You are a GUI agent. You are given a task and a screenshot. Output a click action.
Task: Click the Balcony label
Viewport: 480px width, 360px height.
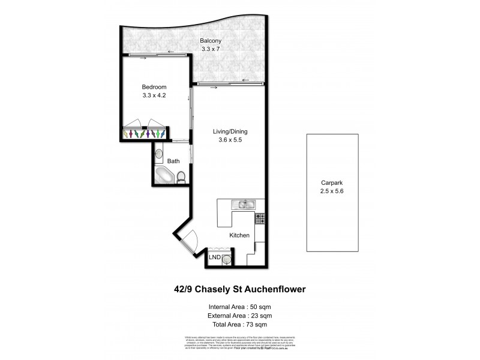tap(211, 41)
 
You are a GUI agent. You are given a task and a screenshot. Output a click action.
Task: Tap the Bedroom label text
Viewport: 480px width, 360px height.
tap(154, 87)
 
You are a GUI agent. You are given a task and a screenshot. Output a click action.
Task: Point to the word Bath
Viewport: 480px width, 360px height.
tap(173, 161)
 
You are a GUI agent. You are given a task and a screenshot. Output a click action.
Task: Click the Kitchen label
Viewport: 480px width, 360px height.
tap(239, 235)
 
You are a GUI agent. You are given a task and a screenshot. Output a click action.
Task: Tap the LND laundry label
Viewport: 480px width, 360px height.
tap(214, 257)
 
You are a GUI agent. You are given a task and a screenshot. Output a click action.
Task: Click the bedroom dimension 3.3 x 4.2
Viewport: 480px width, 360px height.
tap(154, 95)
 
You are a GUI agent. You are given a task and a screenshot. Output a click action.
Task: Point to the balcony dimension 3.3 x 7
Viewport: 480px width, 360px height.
tap(211, 49)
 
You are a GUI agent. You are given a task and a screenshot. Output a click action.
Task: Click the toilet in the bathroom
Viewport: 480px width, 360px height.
tap(181, 176)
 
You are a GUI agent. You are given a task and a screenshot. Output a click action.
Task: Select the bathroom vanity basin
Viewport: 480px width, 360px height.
tap(158, 155)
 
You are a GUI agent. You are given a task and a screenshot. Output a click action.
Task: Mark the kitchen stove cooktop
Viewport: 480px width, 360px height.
tap(260, 218)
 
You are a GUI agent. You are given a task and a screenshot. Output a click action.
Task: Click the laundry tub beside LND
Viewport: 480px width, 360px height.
tap(227, 259)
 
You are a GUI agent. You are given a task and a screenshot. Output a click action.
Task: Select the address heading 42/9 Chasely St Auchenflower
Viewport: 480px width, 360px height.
tap(239, 289)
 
